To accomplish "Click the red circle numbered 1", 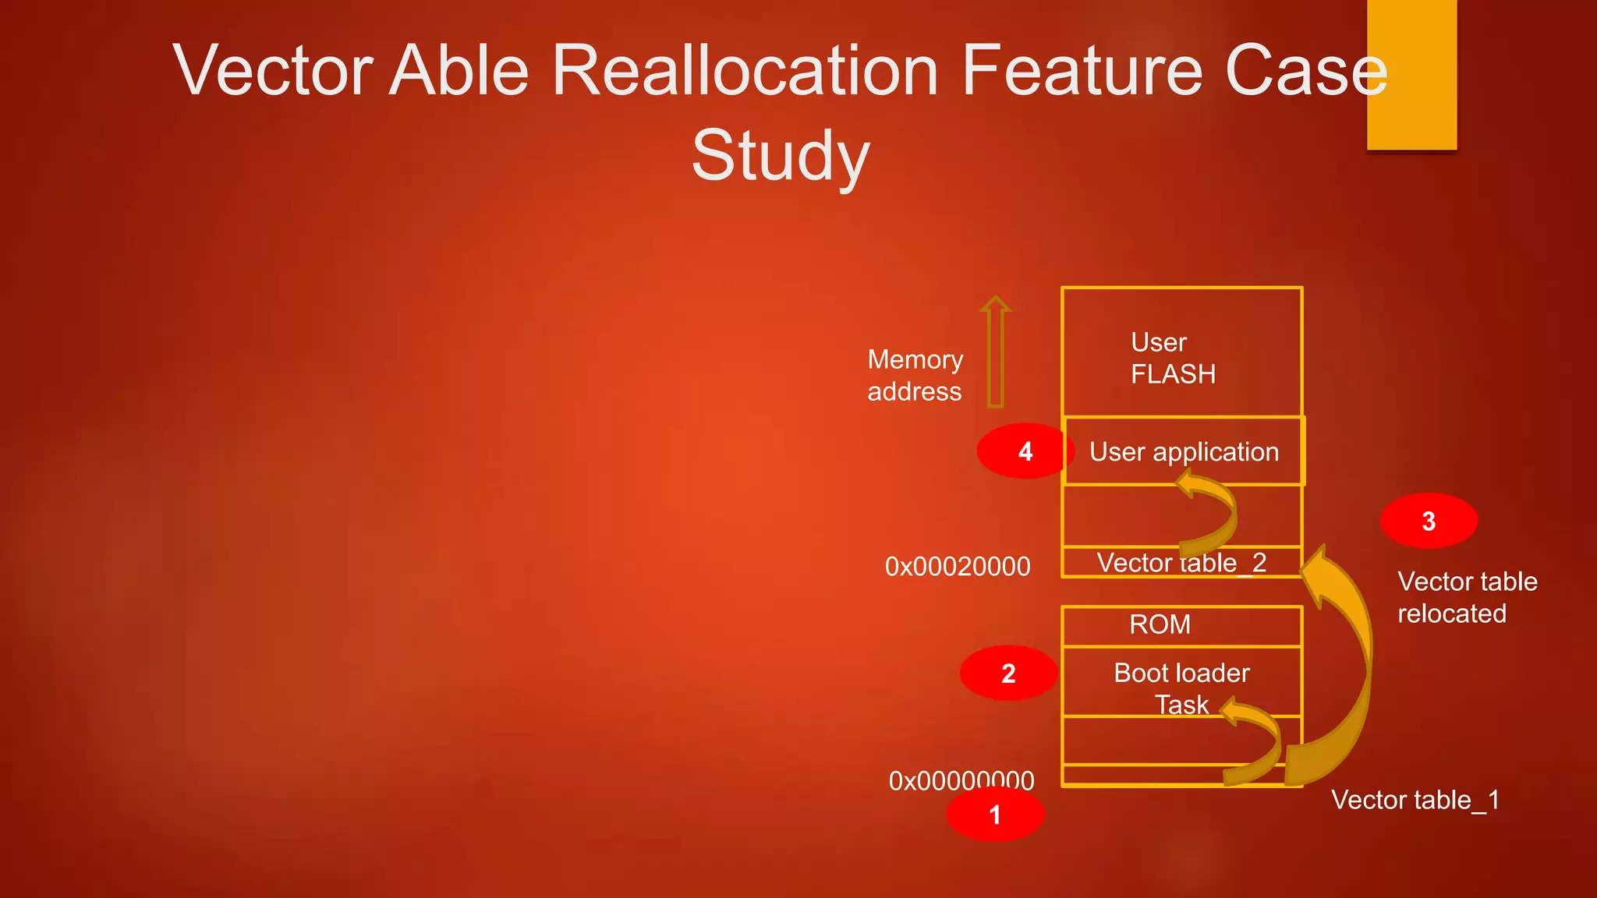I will pyautogui.click(x=995, y=815).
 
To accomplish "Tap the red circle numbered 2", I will pyautogui.click(x=1008, y=673).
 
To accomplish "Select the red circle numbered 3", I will pyautogui.click(x=1429, y=521).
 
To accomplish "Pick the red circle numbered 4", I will pyautogui.click(x=1025, y=451).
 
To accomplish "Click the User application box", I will pyautogui.click(x=1184, y=451).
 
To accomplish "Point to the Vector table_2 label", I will pyautogui.click(x=1181, y=563).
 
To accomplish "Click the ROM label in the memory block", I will pyautogui.click(x=1160, y=624).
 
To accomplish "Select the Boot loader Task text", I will pyautogui.click(x=1181, y=687).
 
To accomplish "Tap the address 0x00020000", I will pyautogui.click(x=958, y=566).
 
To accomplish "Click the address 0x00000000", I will pyautogui.click(x=961, y=780).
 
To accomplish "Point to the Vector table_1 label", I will pyautogui.click(x=1415, y=800).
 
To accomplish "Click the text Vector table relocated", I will pyautogui.click(x=1466, y=597).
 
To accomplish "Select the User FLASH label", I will pyautogui.click(x=1172, y=358).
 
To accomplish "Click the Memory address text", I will pyautogui.click(x=915, y=375).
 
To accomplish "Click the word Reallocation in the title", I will pyautogui.click(x=745, y=72).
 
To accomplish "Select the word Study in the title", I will pyautogui.click(x=780, y=156).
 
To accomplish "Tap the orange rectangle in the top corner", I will pyautogui.click(x=1411, y=74).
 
